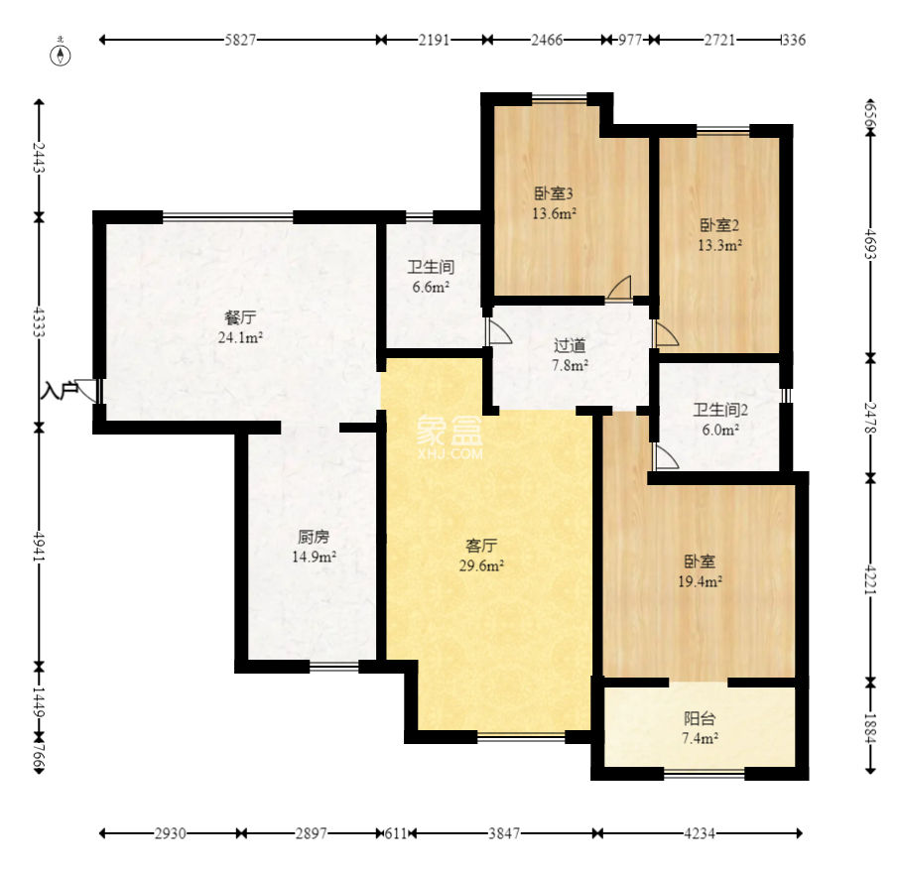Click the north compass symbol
(x=61, y=54)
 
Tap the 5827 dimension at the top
(x=240, y=40)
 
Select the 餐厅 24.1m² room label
(x=240, y=327)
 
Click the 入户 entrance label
(x=60, y=391)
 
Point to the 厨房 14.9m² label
(x=314, y=547)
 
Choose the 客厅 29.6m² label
(x=481, y=556)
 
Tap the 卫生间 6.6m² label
(x=431, y=277)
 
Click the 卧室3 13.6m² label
(x=554, y=203)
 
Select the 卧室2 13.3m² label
(x=719, y=235)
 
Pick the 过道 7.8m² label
(x=570, y=355)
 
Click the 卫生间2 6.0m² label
(x=720, y=420)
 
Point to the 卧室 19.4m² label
(x=700, y=571)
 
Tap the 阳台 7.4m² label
(x=700, y=728)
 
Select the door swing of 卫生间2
(x=667, y=456)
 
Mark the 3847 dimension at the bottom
(x=504, y=832)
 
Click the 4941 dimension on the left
(x=39, y=547)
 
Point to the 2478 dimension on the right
(x=870, y=418)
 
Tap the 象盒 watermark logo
(x=450, y=437)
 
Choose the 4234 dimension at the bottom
(x=700, y=832)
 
